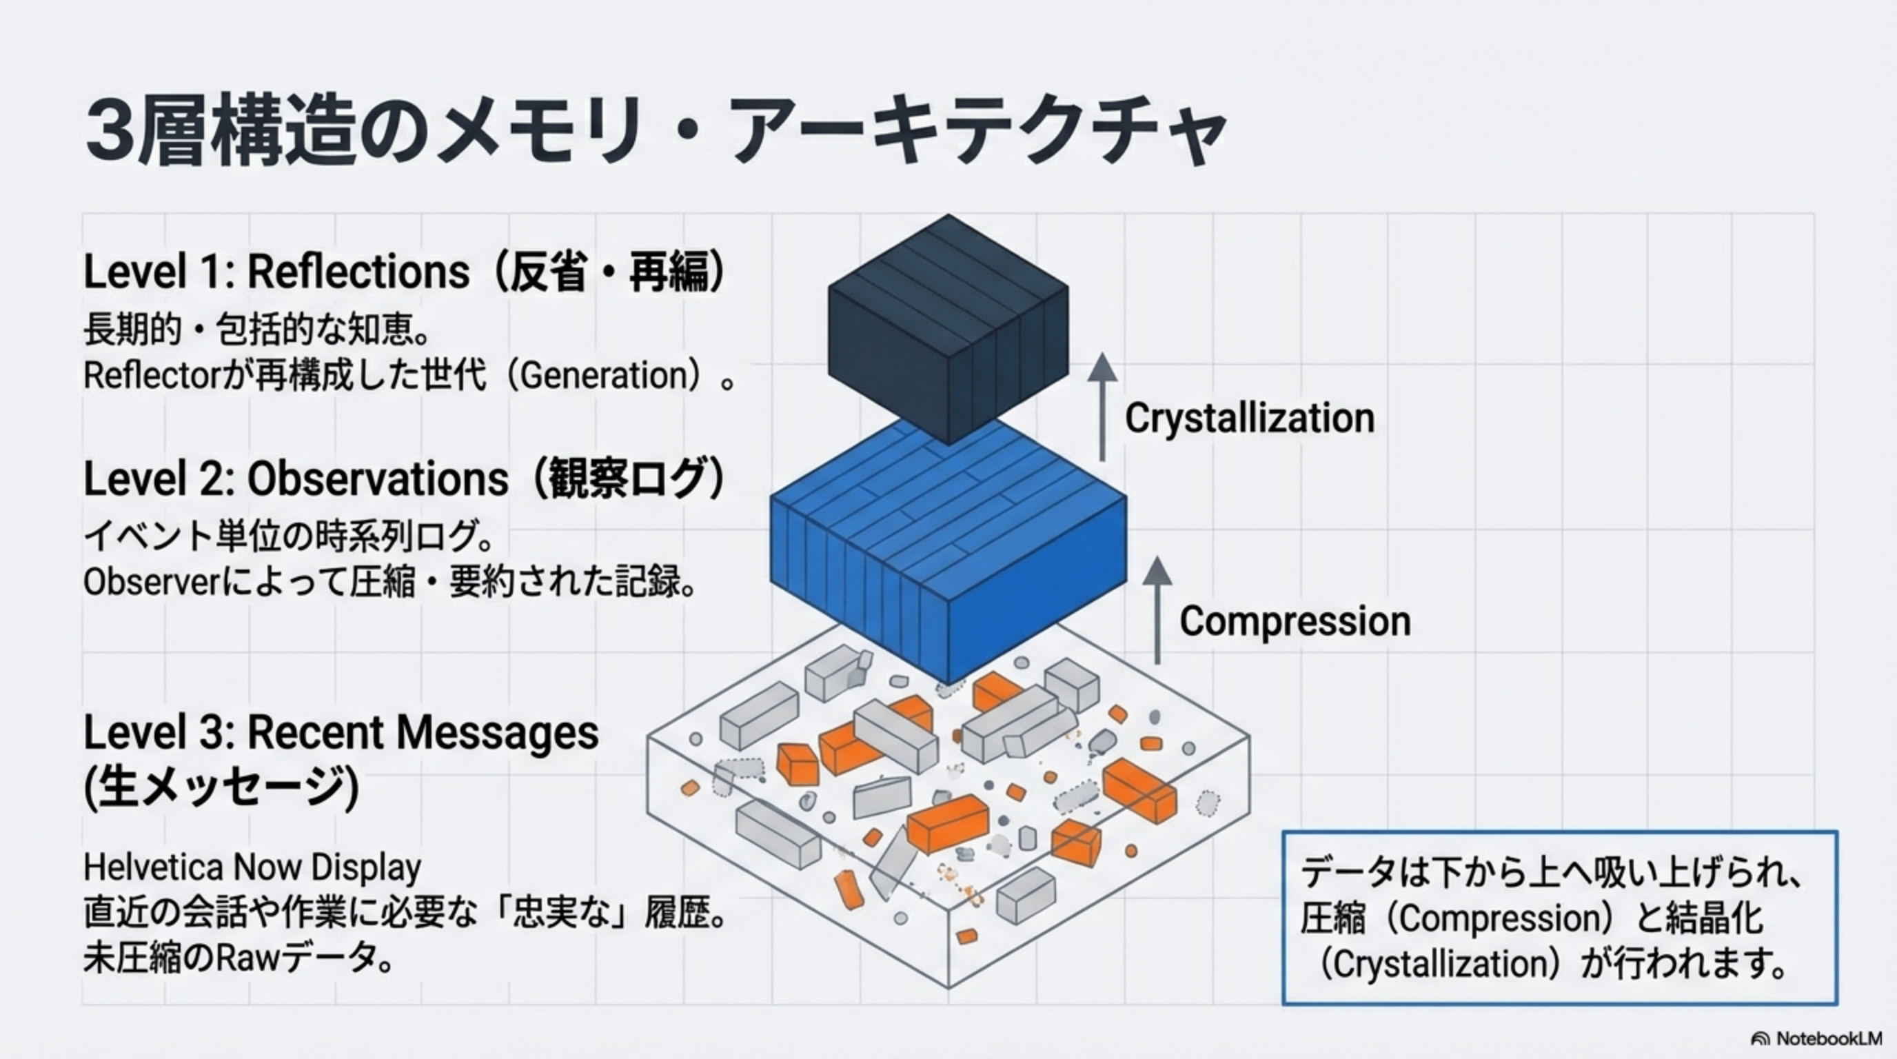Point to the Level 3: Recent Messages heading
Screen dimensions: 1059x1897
click(341, 733)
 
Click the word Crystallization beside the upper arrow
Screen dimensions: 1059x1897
click(1250, 418)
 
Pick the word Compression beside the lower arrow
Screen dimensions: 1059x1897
click(1295, 621)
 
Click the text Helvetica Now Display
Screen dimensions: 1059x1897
click(252, 867)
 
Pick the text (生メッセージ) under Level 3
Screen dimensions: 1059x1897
click(221, 788)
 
